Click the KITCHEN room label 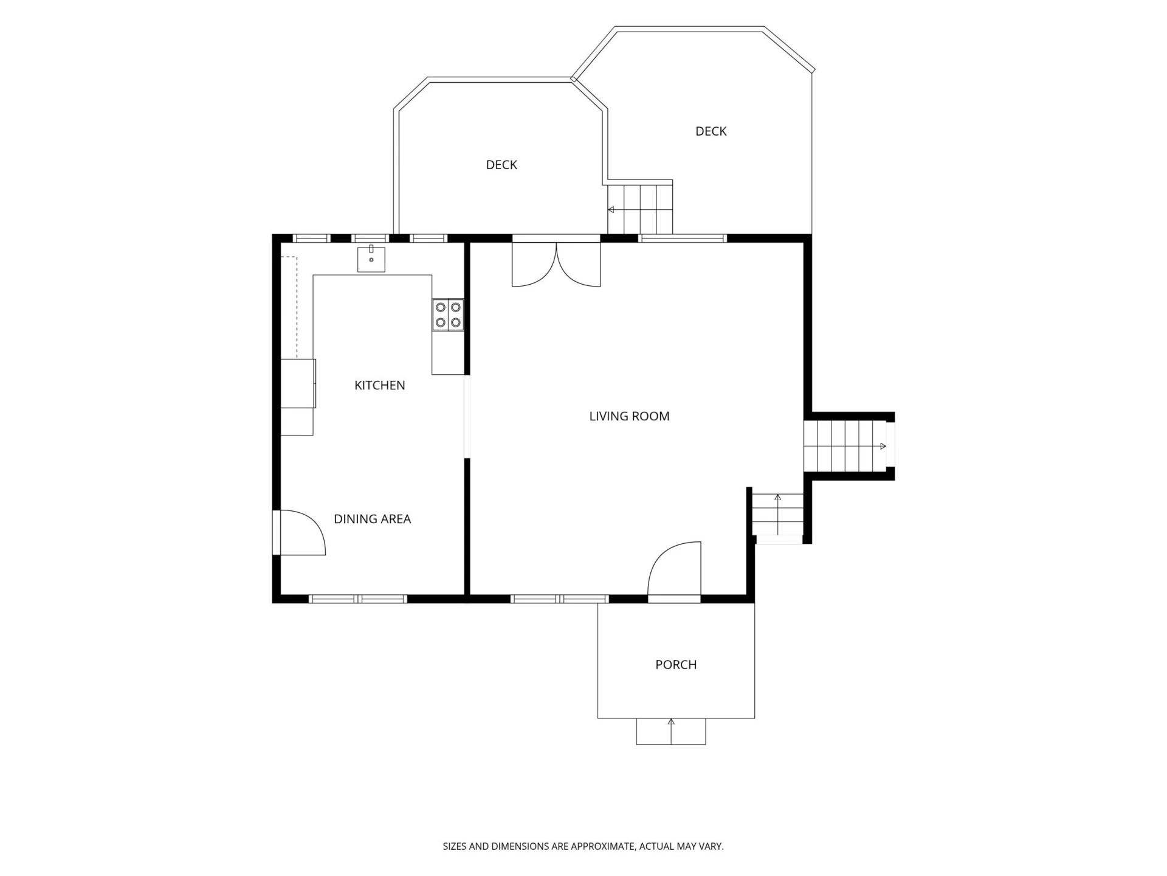click(x=379, y=385)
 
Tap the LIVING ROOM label click(x=629, y=416)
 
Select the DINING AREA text click(x=372, y=519)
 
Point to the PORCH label click(x=676, y=665)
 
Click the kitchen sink click(x=371, y=259)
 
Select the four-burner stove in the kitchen click(x=448, y=315)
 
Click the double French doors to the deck click(x=556, y=264)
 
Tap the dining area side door click(x=300, y=533)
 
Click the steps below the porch click(x=671, y=731)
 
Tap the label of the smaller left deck click(x=501, y=165)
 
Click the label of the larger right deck click(x=711, y=131)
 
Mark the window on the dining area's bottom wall click(x=358, y=599)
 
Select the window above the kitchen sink click(x=371, y=238)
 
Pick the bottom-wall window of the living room click(x=559, y=599)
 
